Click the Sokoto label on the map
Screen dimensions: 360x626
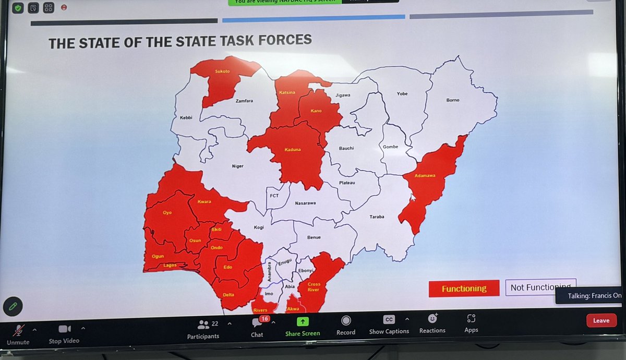point(222,71)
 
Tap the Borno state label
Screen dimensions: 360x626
point(452,100)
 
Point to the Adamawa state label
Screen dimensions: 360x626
point(425,176)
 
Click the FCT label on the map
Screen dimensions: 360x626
point(274,196)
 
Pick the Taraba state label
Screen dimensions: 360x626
point(377,217)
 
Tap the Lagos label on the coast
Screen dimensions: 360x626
point(170,265)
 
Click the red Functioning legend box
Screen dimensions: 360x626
point(463,289)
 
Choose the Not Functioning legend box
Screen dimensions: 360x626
point(540,287)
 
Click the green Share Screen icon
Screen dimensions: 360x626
point(303,321)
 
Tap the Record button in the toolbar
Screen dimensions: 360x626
point(345,320)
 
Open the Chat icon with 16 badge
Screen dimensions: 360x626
point(257,323)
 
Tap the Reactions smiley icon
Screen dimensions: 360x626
point(432,318)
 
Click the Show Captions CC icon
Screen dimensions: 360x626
point(389,319)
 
